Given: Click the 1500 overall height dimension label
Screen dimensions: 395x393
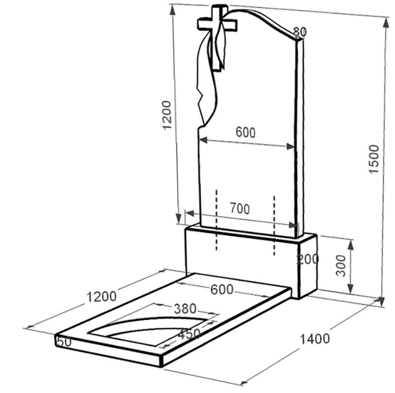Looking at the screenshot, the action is click(x=374, y=159).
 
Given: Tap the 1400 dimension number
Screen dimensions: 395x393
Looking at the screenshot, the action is click(x=315, y=339).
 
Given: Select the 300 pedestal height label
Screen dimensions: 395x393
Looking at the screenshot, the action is click(x=342, y=266).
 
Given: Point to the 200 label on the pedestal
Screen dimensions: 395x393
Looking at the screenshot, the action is click(x=308, y=259).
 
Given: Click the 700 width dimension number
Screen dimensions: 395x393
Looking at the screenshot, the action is click(x=240, y=209).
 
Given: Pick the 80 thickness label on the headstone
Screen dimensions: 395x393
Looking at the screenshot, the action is click(x=300, y=32).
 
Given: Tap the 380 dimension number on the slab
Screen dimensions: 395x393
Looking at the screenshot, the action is click(x=185, y=309).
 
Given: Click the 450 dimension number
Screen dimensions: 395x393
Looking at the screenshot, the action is click(x=189, y=334).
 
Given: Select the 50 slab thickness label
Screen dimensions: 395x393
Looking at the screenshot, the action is click(x=65, y=342).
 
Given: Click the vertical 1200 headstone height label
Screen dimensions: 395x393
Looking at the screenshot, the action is click(x=167, y=115).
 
